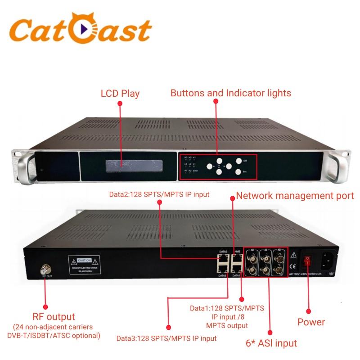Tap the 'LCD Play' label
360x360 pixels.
coord(120,94)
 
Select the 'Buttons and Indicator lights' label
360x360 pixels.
coord(230,93)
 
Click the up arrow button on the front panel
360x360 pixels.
coord(219,161)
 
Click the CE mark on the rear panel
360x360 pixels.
coord(293,265)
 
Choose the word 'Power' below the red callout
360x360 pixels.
coord(311,322)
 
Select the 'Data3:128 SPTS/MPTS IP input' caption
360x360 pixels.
coord(166,338)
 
